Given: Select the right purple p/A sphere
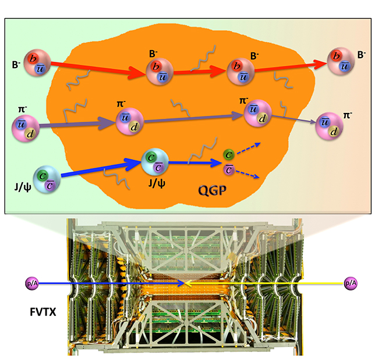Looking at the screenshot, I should [351, 283].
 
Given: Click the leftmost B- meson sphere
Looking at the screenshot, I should [37, 59].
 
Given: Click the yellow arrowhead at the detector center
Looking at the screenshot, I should [189, 284].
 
